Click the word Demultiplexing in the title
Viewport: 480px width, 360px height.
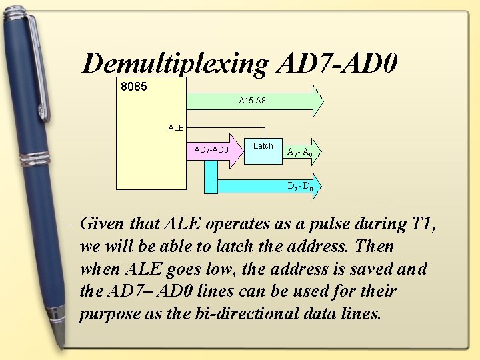pyautogui.click(x=175, y=64)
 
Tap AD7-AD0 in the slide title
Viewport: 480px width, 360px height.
pyautogui.click(x=337, y=63)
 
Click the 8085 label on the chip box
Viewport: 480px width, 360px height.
pyautogui.click(x=133, y=87)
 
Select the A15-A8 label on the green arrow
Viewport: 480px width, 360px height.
pyautogui.click(x=253, y=101)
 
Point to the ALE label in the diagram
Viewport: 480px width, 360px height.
pyautogui.click(x=176, y=127)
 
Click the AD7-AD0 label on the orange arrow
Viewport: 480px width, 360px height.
pyautogui.click(x=211, y=149)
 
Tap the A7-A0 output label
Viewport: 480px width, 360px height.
pyautogui.click(x=299, y=152)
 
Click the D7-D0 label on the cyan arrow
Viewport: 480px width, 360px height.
pyautogui.click(x=300, y=186)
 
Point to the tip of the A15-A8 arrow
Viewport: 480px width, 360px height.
pyautogui.click(x=323, y=101)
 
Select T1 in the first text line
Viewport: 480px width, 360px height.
pyautogui.click(x=421, y=223)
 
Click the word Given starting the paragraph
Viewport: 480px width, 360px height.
pyautogui.click(x=101, y=224)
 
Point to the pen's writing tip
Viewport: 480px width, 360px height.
pyautogui.click(x=65, y=344)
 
